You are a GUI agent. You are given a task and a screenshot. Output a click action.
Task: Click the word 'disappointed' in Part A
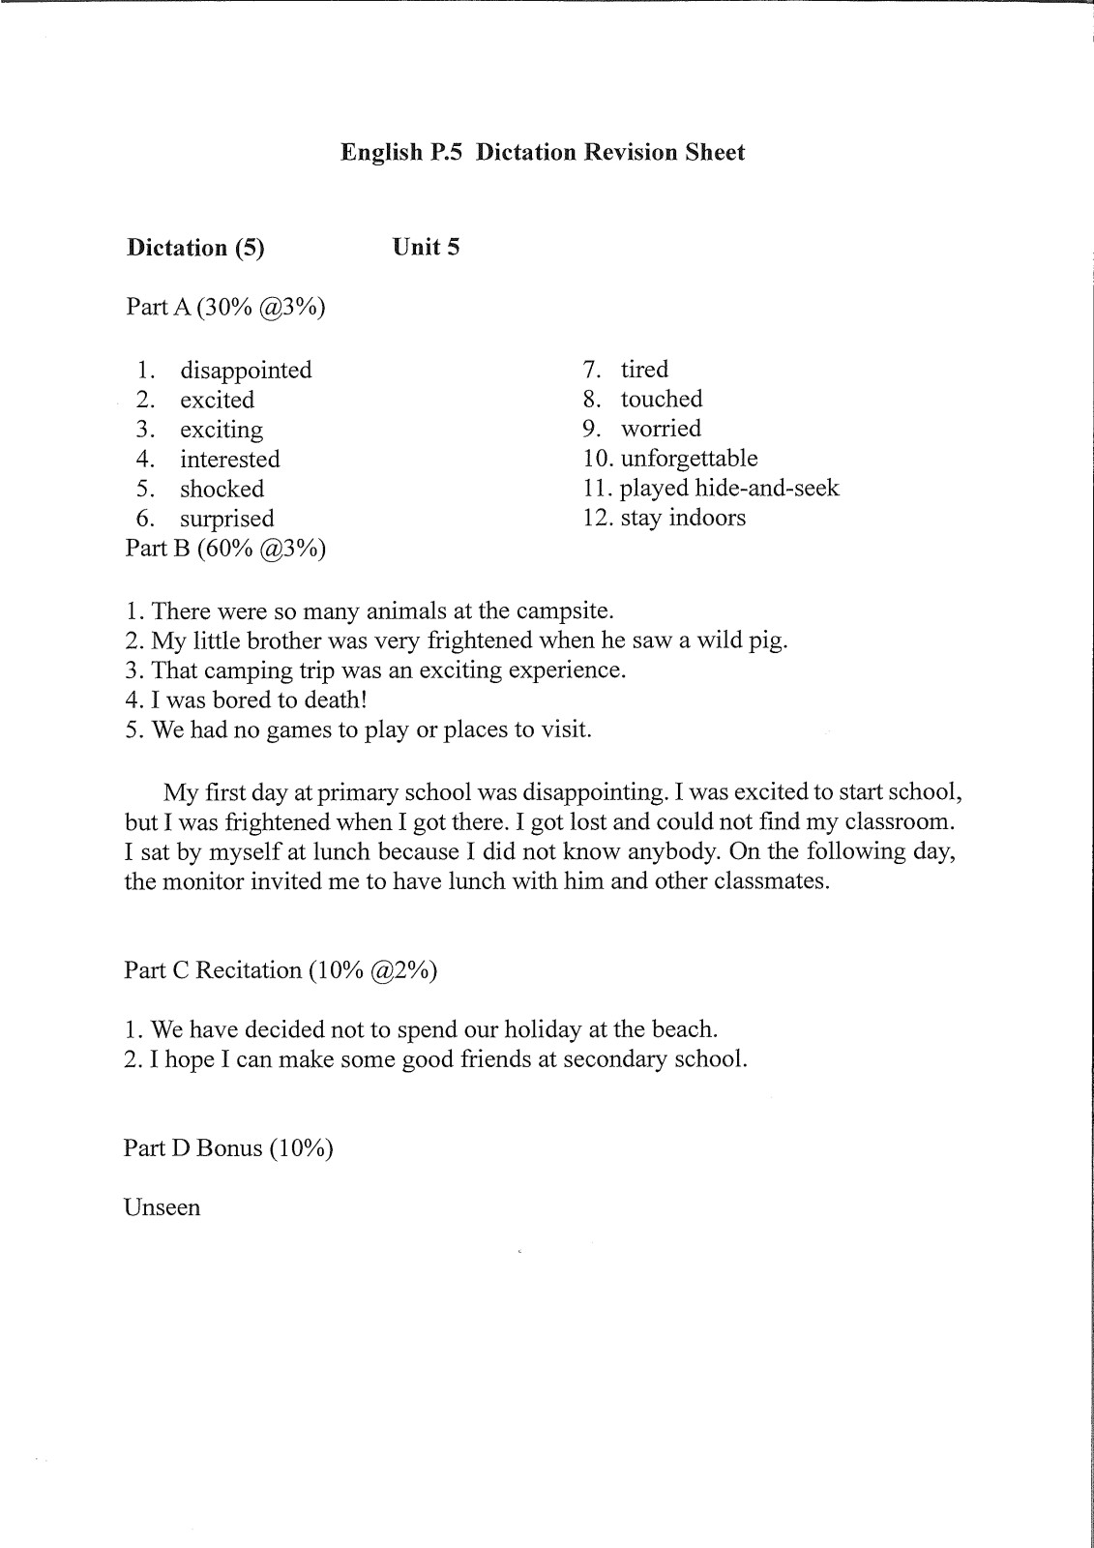click(246, 371)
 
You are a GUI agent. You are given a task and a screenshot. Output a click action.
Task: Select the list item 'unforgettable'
click(689, 459)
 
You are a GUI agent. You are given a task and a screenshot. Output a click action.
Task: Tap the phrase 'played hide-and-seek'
click(729, 489)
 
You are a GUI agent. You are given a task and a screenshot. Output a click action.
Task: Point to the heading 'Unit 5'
click(426, 248)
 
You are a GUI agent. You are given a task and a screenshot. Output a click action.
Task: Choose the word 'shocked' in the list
click(222, 490)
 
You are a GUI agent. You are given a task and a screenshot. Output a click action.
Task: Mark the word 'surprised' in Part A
click(226, 520)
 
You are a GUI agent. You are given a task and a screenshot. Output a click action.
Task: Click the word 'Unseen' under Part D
click(162, 1208)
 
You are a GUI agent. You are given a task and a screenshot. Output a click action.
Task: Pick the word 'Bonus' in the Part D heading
click(229, 1148)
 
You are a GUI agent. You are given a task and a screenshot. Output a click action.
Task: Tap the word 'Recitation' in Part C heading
click(249, 970)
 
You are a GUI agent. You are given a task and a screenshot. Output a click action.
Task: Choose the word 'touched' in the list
click(662, 400)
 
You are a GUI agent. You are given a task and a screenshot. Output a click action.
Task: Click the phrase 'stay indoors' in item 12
click(683, 518)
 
